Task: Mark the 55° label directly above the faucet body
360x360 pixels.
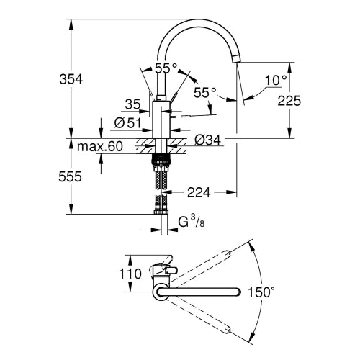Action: point(166,68)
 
